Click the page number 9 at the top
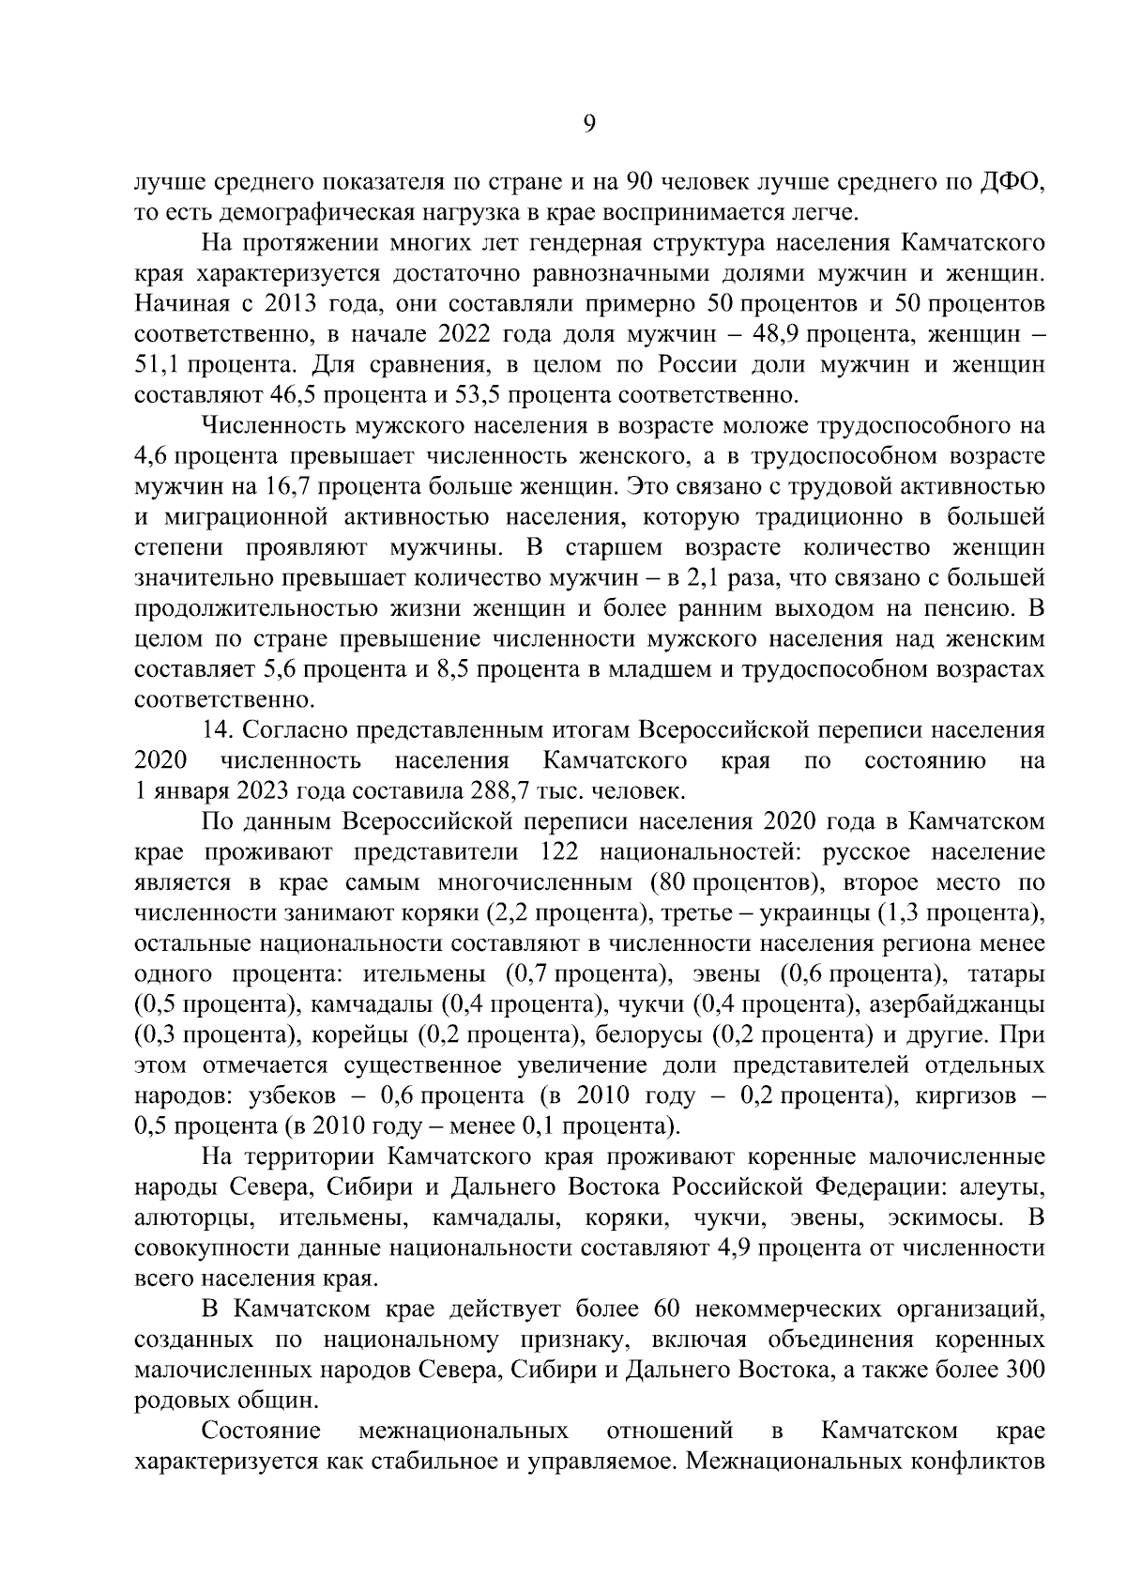(x=588, y=125)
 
